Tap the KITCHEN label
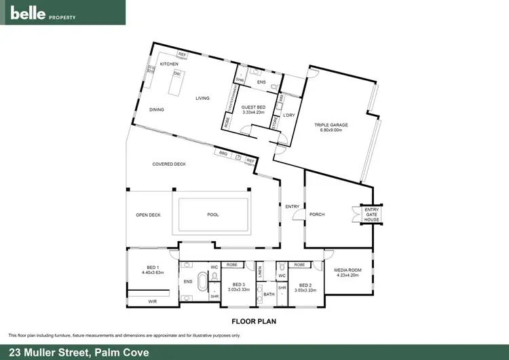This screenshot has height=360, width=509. pyautogui.click(x=169, y=64)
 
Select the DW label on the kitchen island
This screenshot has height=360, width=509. pyautogui.click(x=176, y=73)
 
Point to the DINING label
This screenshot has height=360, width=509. pyautogui.click(x=157, y=109)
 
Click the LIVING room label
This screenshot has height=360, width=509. pyautogui.click(x=202, y=98)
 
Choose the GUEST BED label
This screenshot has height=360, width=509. pyautogui.click(x=252, y=107)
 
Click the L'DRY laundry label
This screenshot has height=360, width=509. pyautogui.click(x=287, y=114)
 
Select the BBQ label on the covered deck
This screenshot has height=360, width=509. pyautogui.click(x=223, y=153)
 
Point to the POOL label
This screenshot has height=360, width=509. pyautogui.click(x=213, y=215)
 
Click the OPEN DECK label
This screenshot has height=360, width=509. pyautogui.click(x=148, y=215)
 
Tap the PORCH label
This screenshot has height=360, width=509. pyautogui.click(x=317, y=215)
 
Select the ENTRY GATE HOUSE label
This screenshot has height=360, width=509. pyautogui.click(x=372, y=215)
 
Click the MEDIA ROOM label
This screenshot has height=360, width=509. pyautogui.click(x=349, y=272)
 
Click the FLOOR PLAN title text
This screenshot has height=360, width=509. pyautogui.click(x=254, y=321)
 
